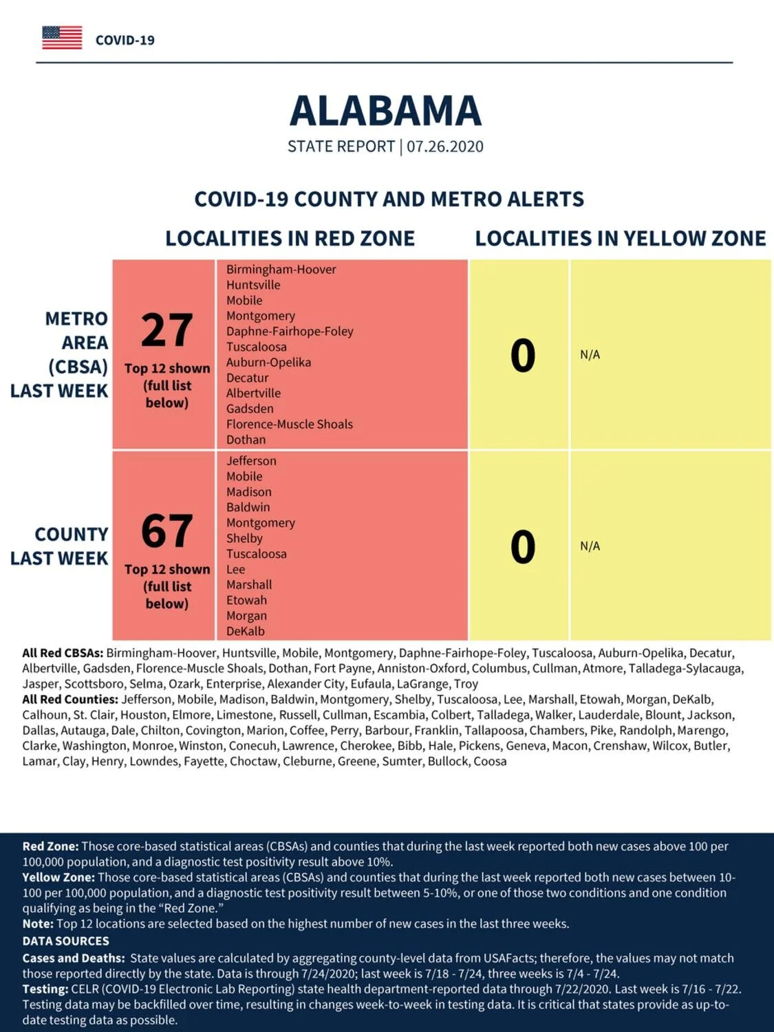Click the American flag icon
click(62, 38)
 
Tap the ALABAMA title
click(386, 111)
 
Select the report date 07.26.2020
click(445, 147)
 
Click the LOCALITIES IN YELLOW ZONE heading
click(621, 238)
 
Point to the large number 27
click(166, 330)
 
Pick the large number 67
click(166, 531)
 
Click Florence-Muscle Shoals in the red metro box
click(290, 424)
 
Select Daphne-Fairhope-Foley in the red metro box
click(290, 332)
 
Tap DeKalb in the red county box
click(246, 631)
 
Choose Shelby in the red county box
click(244, 538)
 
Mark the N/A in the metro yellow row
click(590, 354)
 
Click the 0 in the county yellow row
click(523, 546)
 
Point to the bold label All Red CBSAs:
click(63, 653)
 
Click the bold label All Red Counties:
click(70, 700)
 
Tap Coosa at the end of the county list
click(490, 762)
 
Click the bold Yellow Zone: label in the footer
click(58, 877)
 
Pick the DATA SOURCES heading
click(66, 940)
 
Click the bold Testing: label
click(45, 989)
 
